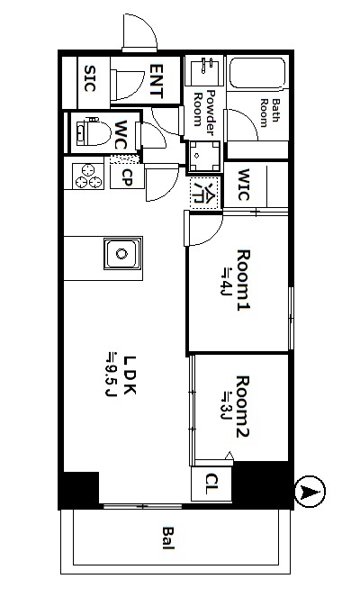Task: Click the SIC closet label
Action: tap(90, 79)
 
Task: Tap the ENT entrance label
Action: tap(157, 81)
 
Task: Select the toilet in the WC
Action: tap(93, 131)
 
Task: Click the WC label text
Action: tap(121, 135)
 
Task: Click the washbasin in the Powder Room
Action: tap(204, 71)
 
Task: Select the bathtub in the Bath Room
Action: tap(257, 74)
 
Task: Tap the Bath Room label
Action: tap(269, 113)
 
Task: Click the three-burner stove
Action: tap(88, 176)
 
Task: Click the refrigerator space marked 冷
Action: tap(204, 193)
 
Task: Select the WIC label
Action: tap(244, 185)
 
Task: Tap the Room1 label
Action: tap(244, 280)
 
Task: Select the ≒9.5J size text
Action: tap(111, 375)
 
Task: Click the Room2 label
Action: tap(243, 406)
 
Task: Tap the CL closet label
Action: tap(211, 484)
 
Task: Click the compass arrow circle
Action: tap(310, 492)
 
